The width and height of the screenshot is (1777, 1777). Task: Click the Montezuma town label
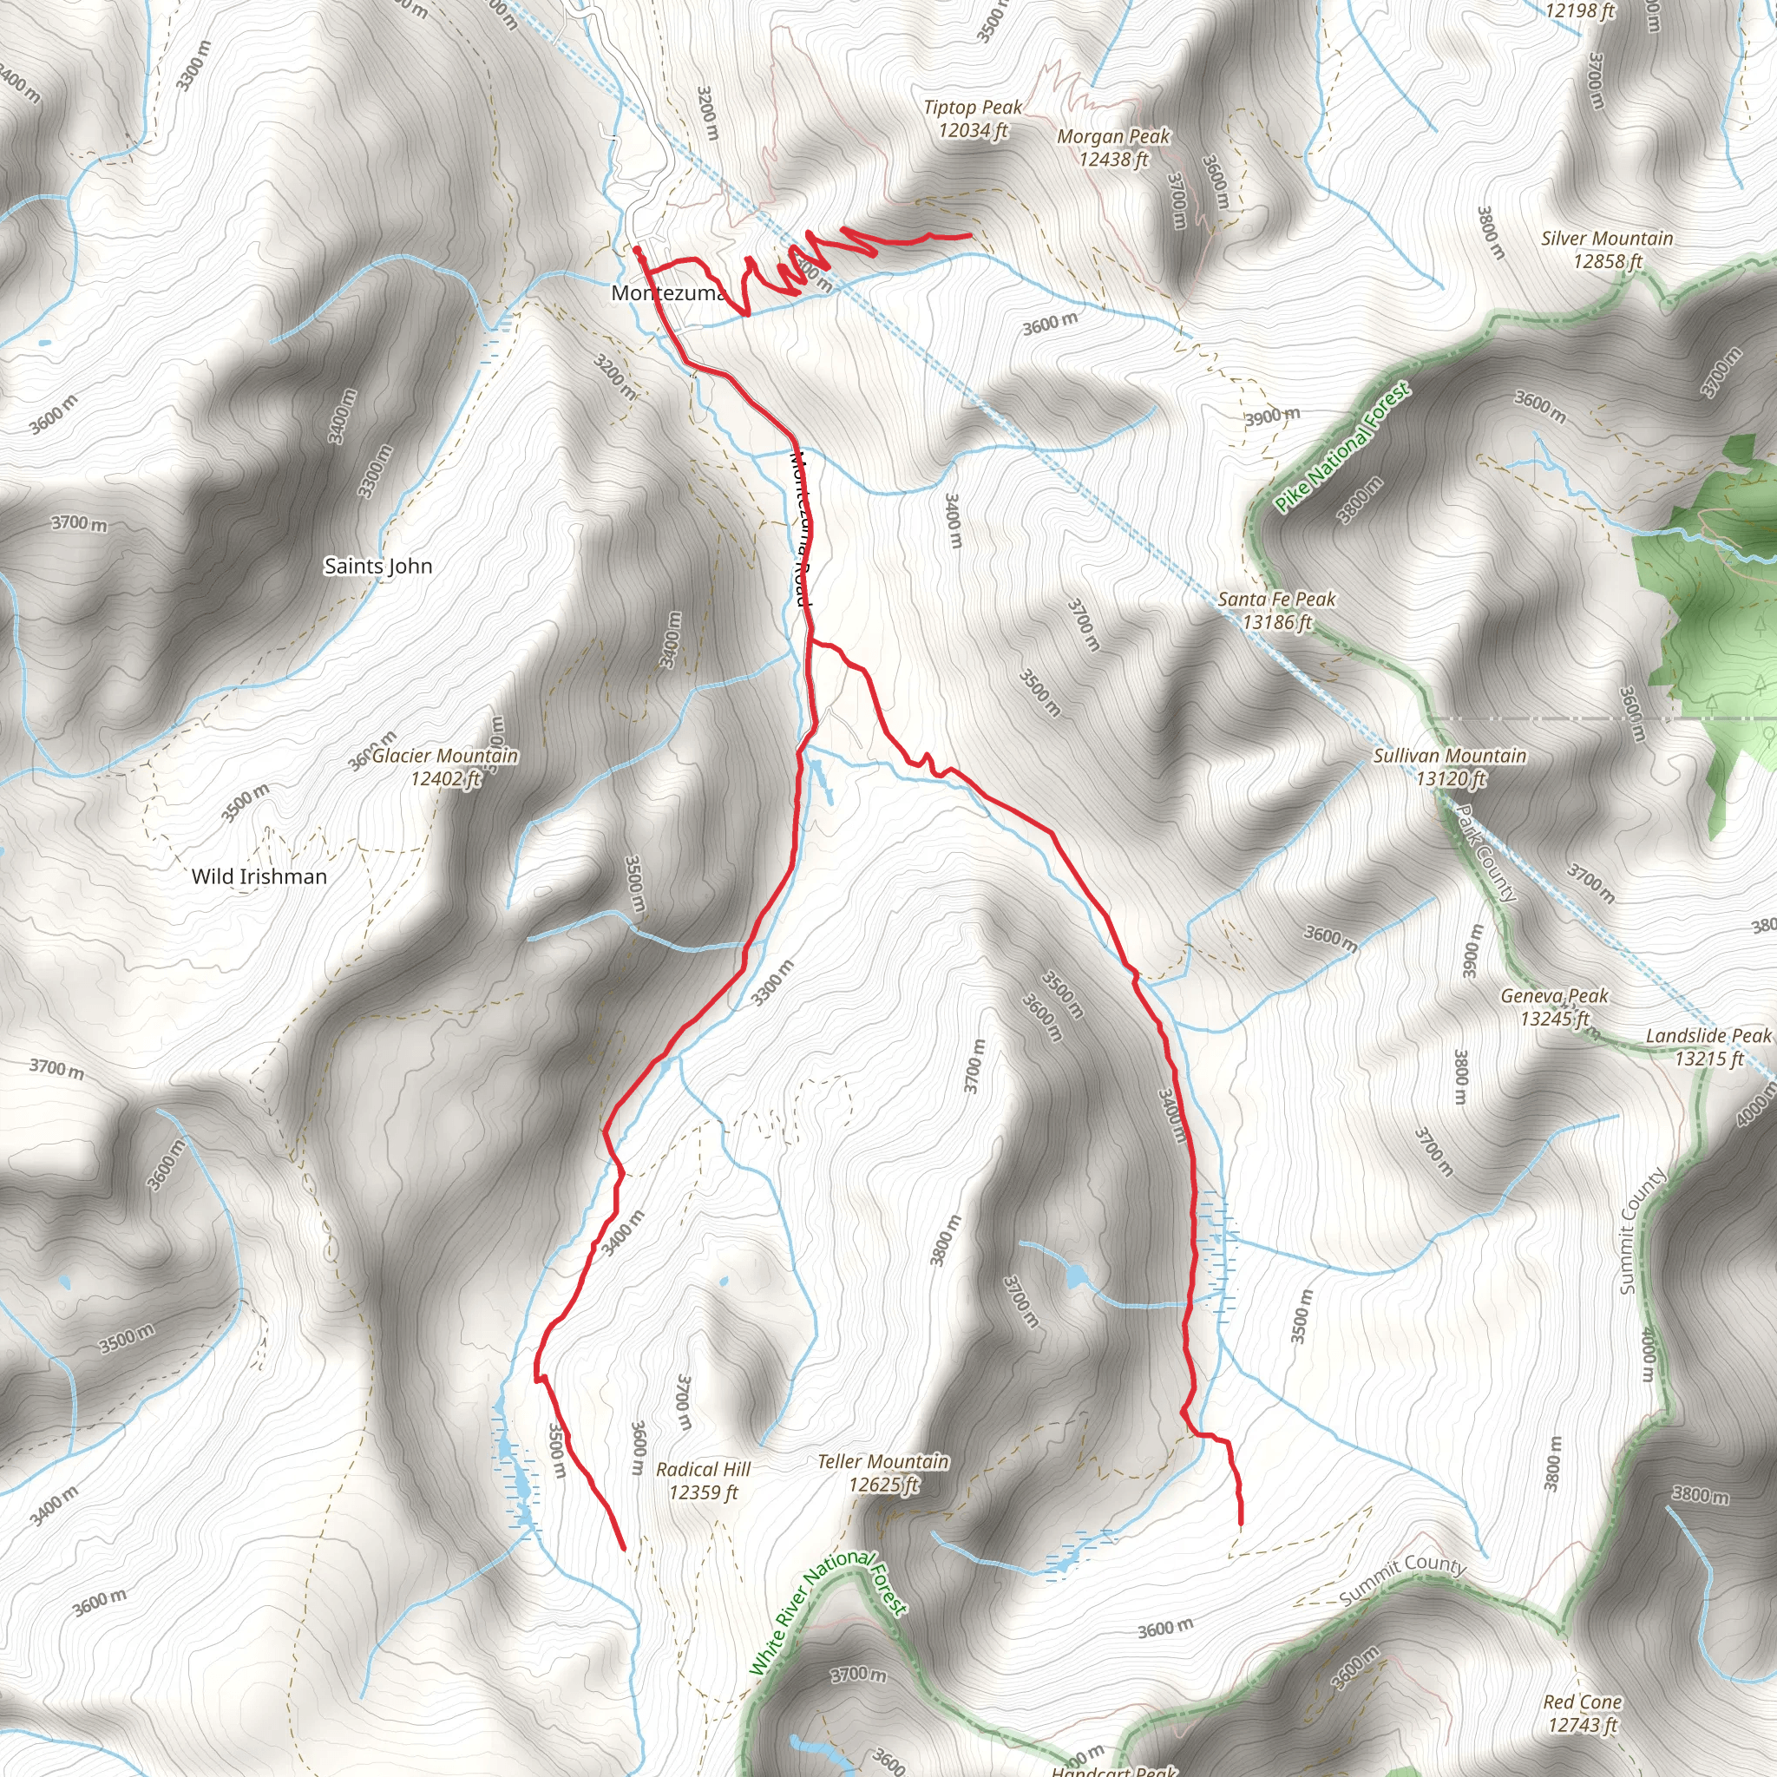coord(668,293)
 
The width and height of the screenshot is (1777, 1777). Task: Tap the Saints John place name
coord(378,567)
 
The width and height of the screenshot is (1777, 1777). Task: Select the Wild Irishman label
coord(259,876)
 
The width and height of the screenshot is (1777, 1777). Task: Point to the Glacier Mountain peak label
coord(445,756)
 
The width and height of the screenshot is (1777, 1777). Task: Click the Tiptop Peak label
coord(974,108)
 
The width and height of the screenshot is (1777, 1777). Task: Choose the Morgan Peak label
coord(1114,137)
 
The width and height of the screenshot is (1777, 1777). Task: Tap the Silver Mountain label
coord(1608,239)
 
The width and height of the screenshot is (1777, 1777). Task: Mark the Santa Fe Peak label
coord(1276,600)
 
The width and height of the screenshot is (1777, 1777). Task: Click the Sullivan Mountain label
coord(1450,756)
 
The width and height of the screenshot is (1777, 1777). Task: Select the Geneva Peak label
coord(1554,996)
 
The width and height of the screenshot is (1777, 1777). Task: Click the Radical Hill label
coord(704,1470)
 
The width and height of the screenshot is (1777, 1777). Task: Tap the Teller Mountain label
coord(883,1461)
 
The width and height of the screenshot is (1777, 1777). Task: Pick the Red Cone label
coord(1583,1702)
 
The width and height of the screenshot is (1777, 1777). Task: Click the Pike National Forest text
coord(1342,448)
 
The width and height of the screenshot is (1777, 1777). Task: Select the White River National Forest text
coord(828,1610)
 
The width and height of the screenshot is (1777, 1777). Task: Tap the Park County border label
coord(1485,854)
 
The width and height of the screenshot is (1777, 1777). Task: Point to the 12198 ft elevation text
coord(1580,11)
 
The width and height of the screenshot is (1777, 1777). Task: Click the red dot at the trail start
coord(637,249)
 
